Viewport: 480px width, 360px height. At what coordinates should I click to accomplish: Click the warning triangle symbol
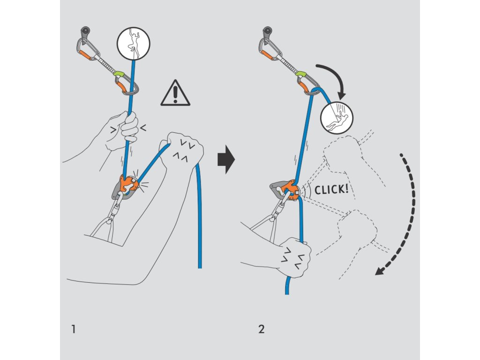click(x=175, y=93)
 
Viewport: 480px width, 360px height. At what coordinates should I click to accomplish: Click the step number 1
click(x=73, y=329)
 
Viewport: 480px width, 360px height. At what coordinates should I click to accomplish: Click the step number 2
click(x=261, y=329)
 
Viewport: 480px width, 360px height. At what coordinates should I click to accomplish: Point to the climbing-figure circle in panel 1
click(x=134, y=43)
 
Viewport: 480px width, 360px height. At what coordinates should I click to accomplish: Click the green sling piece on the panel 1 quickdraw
click(x=119, y=74)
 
